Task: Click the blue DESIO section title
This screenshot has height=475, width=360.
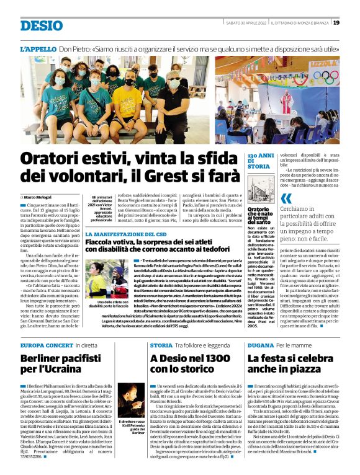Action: coord(42,25)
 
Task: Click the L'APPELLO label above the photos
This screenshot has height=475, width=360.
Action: coord(38,48)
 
